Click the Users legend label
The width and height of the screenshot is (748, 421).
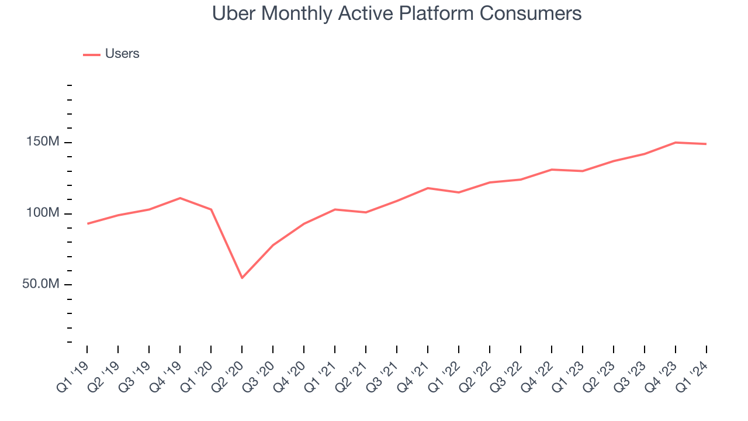point(122,54)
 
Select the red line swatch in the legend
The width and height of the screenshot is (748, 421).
point(92,54)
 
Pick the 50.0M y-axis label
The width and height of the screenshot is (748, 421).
point(40,284)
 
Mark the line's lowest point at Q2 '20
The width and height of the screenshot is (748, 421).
point(242,278)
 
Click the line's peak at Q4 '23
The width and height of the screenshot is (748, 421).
point(676,142)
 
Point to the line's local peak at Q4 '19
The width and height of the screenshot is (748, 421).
point(180,198)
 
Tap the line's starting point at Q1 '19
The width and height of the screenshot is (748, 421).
point(87,223)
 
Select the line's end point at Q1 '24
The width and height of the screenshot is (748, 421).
point(707,144)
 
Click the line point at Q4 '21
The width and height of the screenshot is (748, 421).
point(428,188)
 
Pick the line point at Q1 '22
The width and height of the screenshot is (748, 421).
point(459,192)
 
